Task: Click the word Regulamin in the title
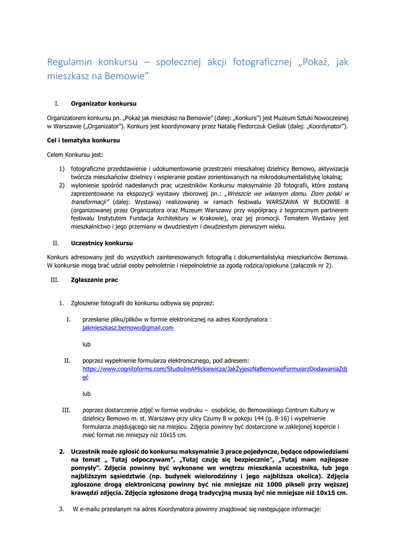click(x=69, y=62)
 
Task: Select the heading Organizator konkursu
click(x=103, y=103)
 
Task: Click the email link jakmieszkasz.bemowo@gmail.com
click(x=128, y=328)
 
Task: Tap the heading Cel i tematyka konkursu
click(x=84, y=141)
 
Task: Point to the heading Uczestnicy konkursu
click(x=102, y=243)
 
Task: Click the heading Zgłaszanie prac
click(x=94, y=280)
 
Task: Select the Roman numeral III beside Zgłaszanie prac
click(x=54, y=280)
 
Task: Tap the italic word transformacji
click(x=89, y=201)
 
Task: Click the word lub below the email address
click(x=86, y=345)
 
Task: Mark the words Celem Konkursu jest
click(x=75, y=155)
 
